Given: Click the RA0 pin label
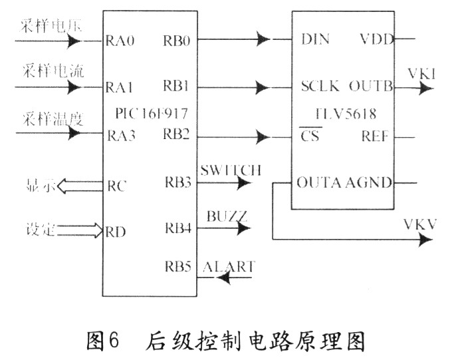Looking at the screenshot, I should (x=120, y=41).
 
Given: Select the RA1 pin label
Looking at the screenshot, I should (x=120, y=87).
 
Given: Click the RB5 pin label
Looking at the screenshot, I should (x=177, y=267).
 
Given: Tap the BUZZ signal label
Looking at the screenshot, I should (x=227, y=216).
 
